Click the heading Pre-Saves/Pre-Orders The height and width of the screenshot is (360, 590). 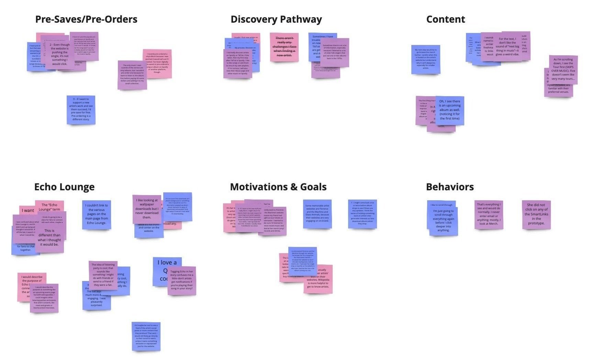tap(86, 19)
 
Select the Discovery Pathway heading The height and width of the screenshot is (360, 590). tap(276, 19)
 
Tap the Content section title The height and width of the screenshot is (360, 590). tap(445, 19)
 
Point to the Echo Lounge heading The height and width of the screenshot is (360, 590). tap(64, 187)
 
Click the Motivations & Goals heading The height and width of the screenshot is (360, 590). tap(278, 187)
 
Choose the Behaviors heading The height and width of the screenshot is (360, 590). tap(449, 187)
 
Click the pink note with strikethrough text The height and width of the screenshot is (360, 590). tap(284, 47)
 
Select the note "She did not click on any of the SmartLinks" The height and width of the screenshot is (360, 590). tap(536, 214)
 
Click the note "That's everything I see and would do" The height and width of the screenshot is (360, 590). tap(488, 214)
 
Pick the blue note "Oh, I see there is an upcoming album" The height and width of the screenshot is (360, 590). tap(450, 110)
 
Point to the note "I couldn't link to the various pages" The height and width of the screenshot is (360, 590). tap(97, 214)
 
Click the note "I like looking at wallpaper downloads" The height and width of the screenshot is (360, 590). tap(147, 209)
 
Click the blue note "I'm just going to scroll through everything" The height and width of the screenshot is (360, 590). tap(443, 221)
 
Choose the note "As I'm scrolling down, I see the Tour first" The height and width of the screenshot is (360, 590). tap(563, 69)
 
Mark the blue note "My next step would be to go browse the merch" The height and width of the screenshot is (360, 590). tap(425, 59)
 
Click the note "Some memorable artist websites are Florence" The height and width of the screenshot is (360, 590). tap(317, 214)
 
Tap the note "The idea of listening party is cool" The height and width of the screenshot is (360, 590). tap(103, 275)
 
